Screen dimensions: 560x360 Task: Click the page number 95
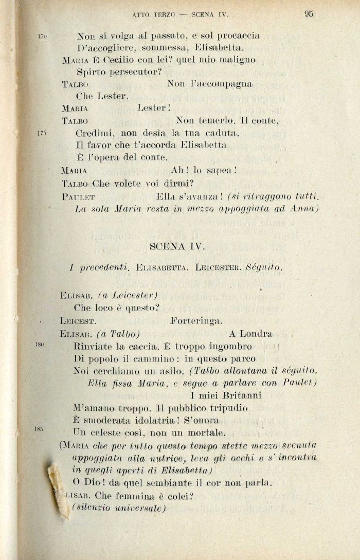coord(309,14)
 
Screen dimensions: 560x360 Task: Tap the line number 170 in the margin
coord(43,37)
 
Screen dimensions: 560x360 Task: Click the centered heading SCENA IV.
coord(177,246)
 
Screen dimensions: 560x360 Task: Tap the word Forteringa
coord(196,321)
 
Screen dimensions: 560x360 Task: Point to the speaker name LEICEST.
coord(77,321)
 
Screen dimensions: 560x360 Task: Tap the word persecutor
coord(131,72)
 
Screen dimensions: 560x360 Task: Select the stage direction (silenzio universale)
coord(119,508)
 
